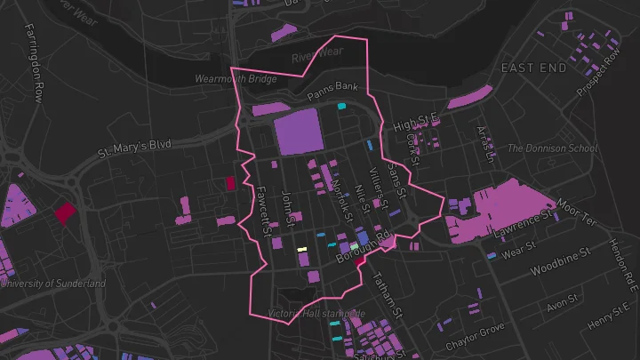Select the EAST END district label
tap(533, 68)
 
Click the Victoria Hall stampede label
tap(316, 314)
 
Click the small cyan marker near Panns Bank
tap(341, 107)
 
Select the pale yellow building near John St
tap(301, 249)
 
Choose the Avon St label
tap(562, 304)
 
